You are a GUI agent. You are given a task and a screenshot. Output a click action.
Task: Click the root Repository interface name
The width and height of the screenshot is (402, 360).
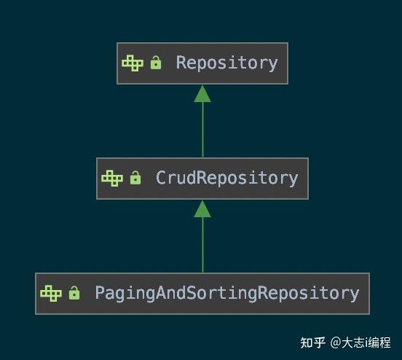pyautogui.click(x=226, y=63)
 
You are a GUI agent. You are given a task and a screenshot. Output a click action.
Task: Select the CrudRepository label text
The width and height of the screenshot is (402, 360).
pyautogui.click(x=226, y=178)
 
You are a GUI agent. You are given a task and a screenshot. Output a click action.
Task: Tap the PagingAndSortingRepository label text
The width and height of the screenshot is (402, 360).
pyautogui.click(x=226, y=293)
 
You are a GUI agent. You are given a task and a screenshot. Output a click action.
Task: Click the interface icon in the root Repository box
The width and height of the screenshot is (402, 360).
pyautogui.click(x=133, y=63)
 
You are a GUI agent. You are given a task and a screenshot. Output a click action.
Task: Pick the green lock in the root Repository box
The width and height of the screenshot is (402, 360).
pyautogui.click(x=155, y=63)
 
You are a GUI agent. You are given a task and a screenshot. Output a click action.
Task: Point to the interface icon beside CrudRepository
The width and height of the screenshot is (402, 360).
pyautogui.click(x=112, y=178)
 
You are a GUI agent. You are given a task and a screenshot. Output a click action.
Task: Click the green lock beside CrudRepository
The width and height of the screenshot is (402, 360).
pyautogui.click(x=135, y=179)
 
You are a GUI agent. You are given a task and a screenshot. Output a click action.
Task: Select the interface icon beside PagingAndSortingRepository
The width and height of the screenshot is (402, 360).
pyautogui.click(x=51, y=293)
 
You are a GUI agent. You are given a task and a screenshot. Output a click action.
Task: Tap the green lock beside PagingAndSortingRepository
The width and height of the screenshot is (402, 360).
pyautogui.click(x=74, y=294)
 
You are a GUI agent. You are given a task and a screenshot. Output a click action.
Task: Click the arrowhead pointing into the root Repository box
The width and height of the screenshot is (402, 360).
pyautogui.click(x=202, y=93)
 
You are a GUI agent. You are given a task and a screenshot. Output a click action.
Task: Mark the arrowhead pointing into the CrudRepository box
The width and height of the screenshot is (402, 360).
pyautogui.click(x=202, y=209)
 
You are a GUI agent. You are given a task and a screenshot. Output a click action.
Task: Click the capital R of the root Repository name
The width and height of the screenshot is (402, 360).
pyautogui.click(x=181, y=63)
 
